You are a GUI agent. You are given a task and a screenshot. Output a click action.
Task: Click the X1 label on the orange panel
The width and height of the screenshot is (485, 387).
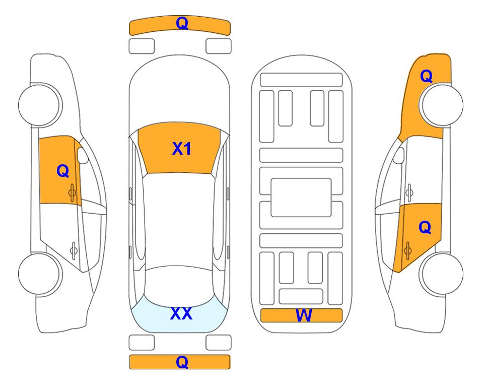[x=182, y=149]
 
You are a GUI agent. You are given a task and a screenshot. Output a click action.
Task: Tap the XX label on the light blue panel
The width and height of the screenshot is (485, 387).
[x=181, y=313]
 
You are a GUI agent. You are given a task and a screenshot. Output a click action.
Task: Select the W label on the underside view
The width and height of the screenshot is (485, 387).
[x=304, y=315]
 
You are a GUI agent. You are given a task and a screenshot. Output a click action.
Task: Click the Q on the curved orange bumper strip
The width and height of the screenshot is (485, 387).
[x=182, y=23]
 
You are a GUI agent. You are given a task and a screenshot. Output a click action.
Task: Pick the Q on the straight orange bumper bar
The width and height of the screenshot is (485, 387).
[x=182, y=362]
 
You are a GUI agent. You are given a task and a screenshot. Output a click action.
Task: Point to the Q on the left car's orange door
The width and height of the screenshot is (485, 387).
[x=63, y=171]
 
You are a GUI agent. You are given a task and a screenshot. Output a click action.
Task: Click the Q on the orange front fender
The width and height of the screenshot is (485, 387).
[x=426, y=76]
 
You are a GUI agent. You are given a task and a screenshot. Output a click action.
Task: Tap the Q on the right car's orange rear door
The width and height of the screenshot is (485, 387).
[x=425, y=228]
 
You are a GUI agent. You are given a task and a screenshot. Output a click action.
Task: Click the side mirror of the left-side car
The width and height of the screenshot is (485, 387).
[x=83, y=155]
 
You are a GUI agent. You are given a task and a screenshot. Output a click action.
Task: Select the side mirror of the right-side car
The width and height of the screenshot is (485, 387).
[x=398, y=155]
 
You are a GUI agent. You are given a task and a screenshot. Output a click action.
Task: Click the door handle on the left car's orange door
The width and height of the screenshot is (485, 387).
[x=73, y=192]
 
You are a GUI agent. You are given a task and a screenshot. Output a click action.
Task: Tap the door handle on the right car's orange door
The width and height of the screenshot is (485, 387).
[x=407, y=250]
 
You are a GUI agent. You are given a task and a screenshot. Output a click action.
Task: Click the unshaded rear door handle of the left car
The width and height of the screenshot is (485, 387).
[x=74, y=250]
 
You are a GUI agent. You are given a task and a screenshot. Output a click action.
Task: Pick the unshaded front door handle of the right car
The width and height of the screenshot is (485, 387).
[x=409, y=192]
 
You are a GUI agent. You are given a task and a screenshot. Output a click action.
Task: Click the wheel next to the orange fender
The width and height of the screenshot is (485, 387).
[x=441, y=105]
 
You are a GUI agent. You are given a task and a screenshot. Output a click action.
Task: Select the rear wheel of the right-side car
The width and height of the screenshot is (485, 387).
[x=441, y=274]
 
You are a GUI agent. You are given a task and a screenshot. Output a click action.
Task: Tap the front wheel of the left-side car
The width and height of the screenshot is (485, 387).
[x=40, y=105]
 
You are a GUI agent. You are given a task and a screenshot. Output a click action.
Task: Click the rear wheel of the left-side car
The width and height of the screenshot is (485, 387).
[x=40, y=274]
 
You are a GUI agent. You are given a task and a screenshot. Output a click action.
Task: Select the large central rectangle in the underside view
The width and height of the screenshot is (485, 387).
[x=301, y=198]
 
